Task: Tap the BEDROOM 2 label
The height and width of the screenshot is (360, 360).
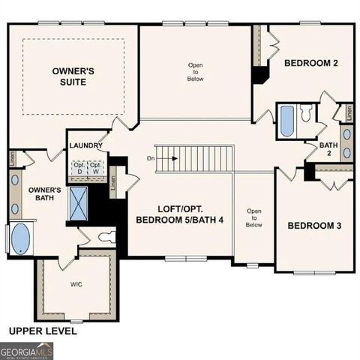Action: coord(310,64)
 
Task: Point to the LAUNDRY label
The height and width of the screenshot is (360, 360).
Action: coord(85,146)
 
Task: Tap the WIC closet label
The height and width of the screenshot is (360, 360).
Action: coord(76,284)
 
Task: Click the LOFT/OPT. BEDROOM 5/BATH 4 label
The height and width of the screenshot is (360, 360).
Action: coord(184,214)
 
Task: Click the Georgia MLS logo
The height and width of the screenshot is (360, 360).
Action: coord(26,350)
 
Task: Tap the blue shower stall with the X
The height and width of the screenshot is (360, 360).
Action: coord(78,201)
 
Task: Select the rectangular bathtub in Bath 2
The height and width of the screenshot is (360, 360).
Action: coord(286,121)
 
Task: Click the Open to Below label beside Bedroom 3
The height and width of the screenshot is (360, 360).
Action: coord(254,217)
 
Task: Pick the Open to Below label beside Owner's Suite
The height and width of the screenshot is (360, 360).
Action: coord(195,71)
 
